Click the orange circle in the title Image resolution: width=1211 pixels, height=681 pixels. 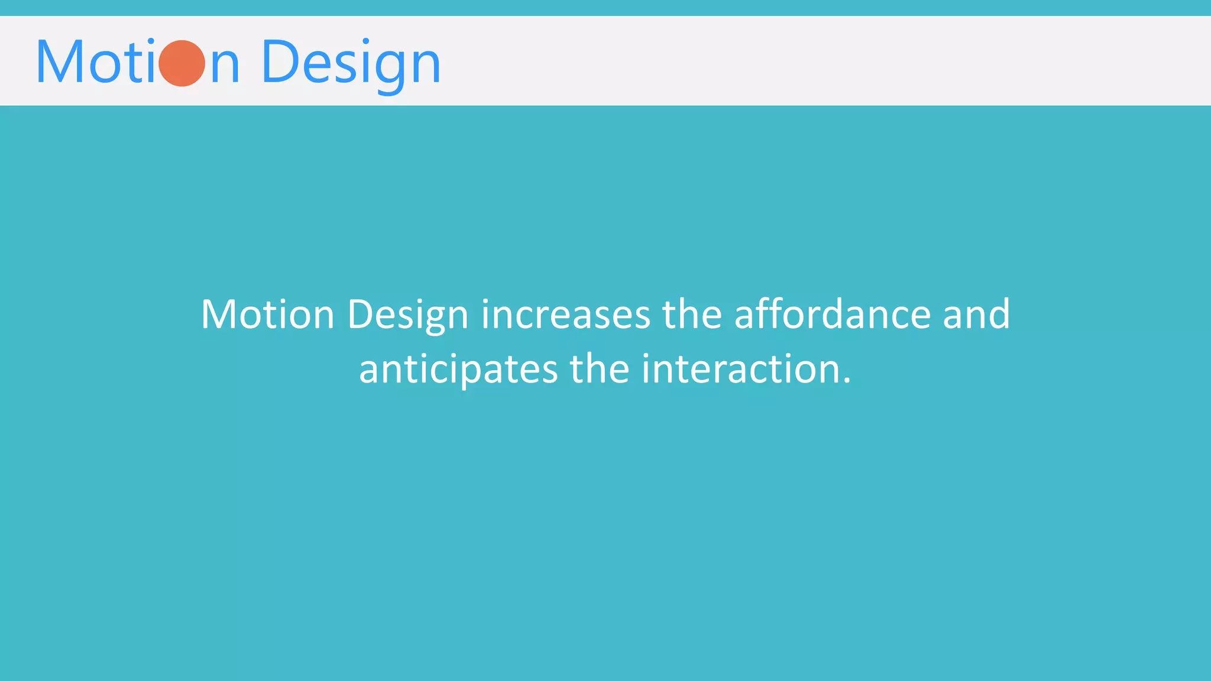(x=182, y=63)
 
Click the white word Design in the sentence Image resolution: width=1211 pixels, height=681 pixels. (x=407, y=315)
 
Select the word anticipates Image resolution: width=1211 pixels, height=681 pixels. (x=458, y=369)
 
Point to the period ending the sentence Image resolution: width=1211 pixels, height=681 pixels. (x=847, y=381)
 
